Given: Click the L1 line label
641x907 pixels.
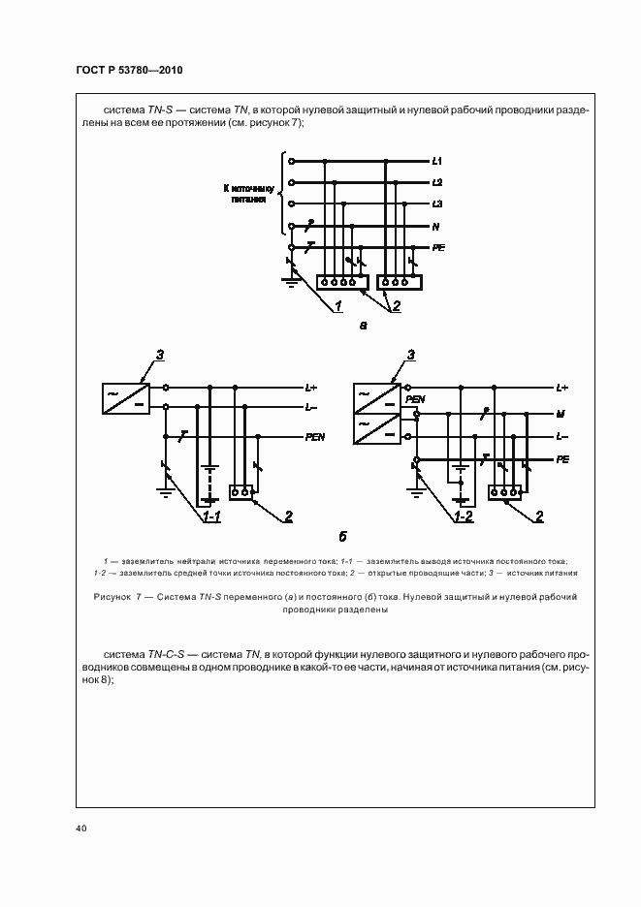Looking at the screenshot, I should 437,160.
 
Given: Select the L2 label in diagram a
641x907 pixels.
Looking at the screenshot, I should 437,182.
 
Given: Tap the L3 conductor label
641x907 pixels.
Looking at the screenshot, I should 437,204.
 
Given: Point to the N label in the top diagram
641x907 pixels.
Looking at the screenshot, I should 436,227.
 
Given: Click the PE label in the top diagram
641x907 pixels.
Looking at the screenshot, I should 438,248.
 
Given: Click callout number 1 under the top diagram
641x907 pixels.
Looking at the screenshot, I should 338,307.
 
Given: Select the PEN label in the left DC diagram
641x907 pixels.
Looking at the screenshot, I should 315,437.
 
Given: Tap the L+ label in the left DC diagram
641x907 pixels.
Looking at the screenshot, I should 311,388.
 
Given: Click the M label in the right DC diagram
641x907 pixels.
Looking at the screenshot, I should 561,414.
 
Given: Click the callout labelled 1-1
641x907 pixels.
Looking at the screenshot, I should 210,516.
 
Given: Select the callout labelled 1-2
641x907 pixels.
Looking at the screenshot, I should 464,516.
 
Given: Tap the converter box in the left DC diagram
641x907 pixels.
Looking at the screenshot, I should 126,397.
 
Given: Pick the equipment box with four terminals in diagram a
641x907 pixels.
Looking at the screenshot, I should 339,282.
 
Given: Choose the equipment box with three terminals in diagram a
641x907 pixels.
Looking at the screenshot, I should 400,282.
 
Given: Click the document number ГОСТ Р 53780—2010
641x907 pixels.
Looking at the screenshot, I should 129,72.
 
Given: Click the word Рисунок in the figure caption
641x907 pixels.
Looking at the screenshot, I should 116,597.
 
